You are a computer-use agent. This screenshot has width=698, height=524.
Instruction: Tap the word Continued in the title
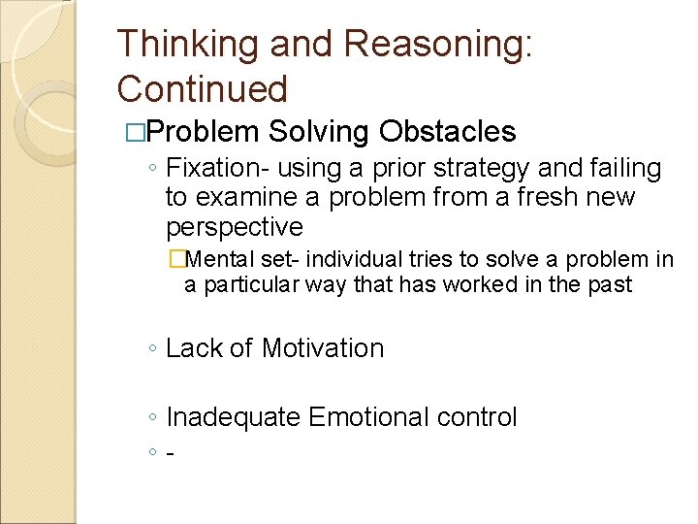point(203,89)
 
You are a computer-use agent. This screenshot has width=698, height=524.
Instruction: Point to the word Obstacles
point(448,131)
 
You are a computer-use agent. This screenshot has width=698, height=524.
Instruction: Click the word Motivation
point(323,348)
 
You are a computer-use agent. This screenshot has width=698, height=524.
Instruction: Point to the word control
point(477,417)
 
